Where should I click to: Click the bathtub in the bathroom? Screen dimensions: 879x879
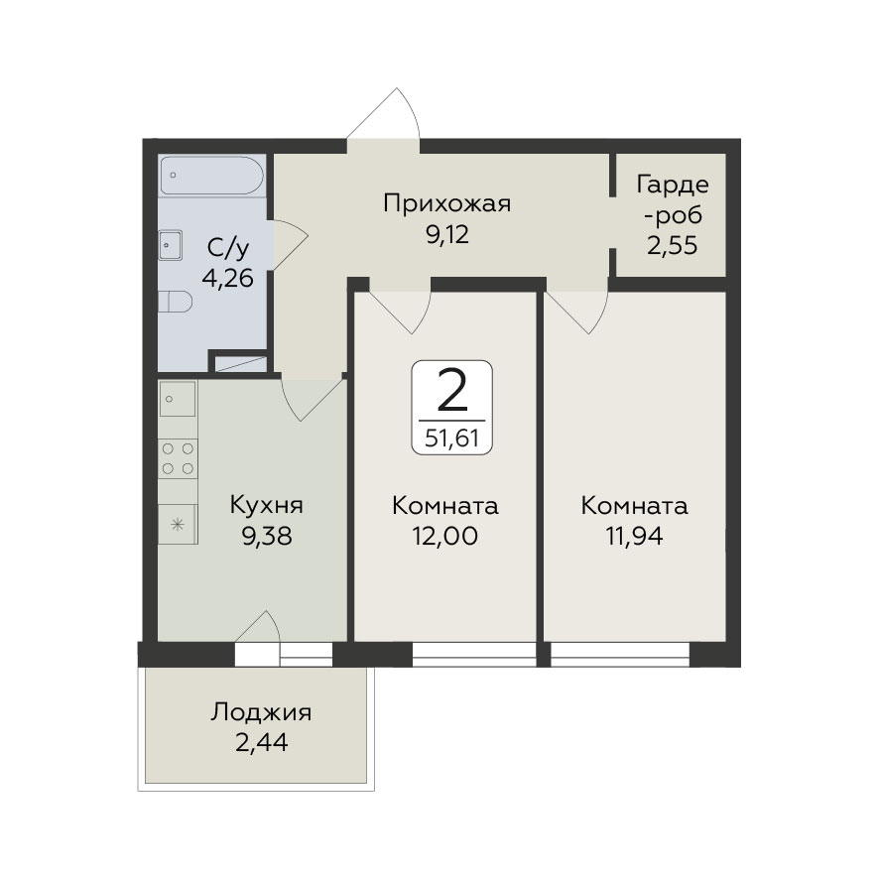click(211, 176)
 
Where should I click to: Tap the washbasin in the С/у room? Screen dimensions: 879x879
click(171, 245)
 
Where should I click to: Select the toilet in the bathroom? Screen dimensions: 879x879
click(175, 302)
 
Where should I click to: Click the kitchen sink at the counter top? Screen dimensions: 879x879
click(178, 399)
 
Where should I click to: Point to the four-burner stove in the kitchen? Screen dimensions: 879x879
click(178, 458)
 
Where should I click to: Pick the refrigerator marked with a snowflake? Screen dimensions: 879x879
click(178, 525)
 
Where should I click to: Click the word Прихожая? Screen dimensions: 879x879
click(447, 203)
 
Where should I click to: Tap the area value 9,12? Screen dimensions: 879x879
click(447, 234)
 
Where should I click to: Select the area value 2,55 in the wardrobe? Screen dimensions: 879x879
click(672, 245)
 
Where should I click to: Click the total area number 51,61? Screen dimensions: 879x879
click(451, 438)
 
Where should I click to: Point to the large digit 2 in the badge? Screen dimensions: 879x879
click(451, 391)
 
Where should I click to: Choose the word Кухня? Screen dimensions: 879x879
click(266, 505)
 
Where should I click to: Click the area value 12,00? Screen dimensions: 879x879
click(445, 536)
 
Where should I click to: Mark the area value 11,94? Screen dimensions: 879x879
click(634, 536)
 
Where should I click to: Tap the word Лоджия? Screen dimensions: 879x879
click(261, 712)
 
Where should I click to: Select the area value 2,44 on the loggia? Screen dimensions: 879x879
click(261, 743)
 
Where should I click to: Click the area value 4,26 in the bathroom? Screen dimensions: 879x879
click(227, 278)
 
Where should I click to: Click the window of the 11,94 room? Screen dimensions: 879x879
click(620, 654)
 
